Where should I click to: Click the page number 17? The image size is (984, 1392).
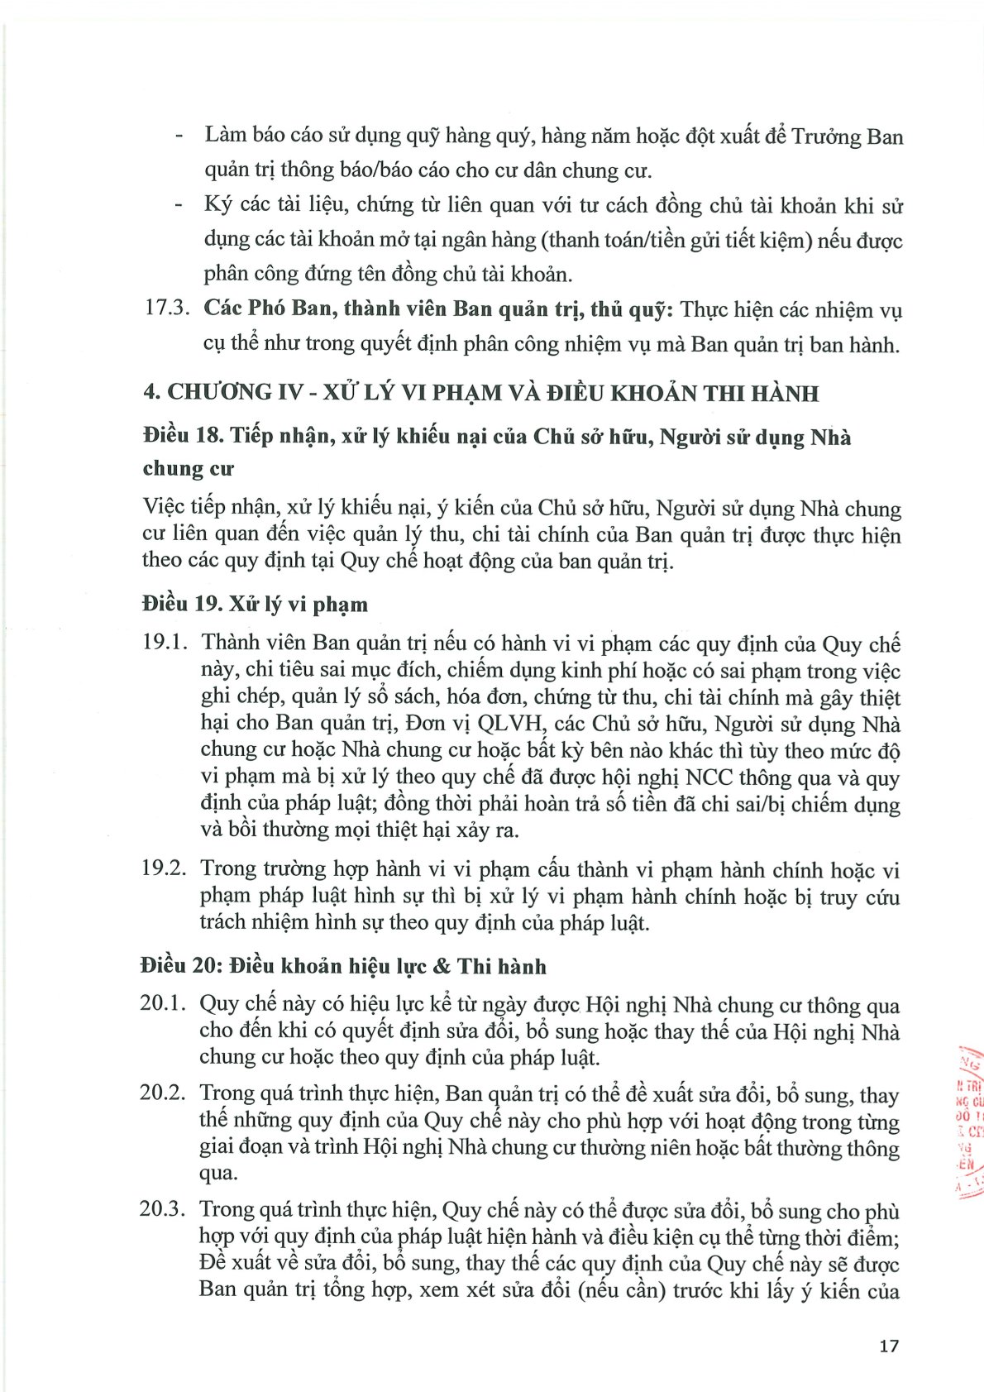click(x=888, y=1346)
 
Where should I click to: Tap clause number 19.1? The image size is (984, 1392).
click(x=165, y=643)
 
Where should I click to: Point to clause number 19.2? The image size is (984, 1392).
click(x=165, y=868)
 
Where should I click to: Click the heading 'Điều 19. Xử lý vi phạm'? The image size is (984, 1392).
click(x=255, y=604)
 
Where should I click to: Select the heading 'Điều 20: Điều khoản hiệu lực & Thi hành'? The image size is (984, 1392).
click(x=343, y=966)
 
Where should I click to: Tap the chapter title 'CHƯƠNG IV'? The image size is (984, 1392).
click(x=236, y=392)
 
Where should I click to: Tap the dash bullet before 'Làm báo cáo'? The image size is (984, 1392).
click(x=179, y=137)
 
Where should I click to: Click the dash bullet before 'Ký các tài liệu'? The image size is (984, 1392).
click(x=179, y=206)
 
